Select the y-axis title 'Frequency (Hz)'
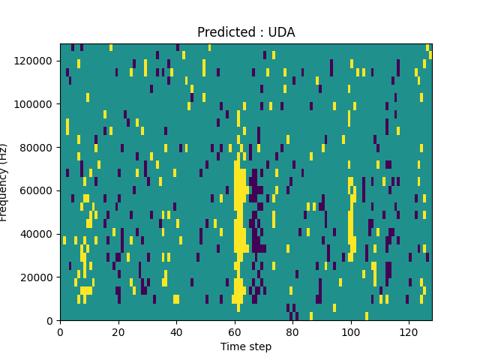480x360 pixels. click(x=5, y=182)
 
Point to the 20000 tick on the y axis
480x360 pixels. click(x=37, y=277)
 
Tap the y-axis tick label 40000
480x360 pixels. click(x=37, y=234)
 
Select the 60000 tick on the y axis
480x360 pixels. click(x=37, y=190)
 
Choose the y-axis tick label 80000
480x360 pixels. click(x=37, y=147)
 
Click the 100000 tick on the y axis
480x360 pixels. click(x=35, y=103)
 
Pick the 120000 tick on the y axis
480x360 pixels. click(x=35, y=60)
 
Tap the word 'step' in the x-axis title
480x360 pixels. click(x=259, y=347)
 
